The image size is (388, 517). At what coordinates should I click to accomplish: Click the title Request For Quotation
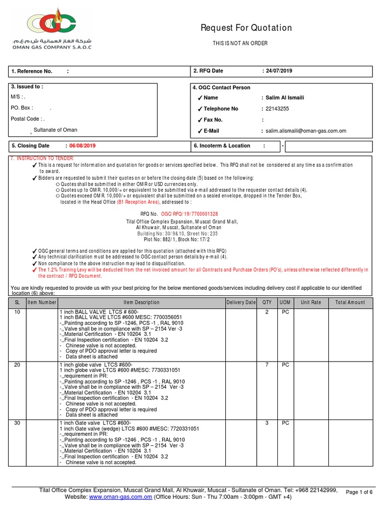[x=246, y=28]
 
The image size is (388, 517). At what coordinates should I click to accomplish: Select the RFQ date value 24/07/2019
[x=278, y=71]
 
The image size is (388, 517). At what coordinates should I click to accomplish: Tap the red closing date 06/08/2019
[x=82, y=146]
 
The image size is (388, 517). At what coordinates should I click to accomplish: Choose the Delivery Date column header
[x=241, y=302]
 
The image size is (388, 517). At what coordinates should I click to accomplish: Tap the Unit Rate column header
[x=311, y=302]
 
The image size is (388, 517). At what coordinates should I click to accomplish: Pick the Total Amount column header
[x=350, y=302]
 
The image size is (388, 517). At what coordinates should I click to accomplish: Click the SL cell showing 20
[x=17, y=365]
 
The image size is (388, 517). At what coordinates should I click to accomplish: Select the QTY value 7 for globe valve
[x=267, y=365]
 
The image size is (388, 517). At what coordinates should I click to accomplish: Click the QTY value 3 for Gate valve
[x=267, y=423]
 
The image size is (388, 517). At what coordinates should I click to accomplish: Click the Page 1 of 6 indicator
[x=359, y=492]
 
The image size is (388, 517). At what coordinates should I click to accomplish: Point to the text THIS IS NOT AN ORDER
[x=240, y=43]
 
